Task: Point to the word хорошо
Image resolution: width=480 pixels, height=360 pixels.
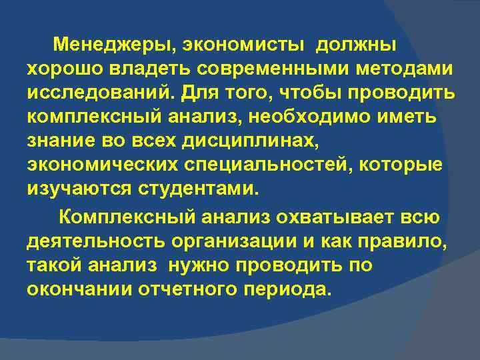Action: coord(65,69)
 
